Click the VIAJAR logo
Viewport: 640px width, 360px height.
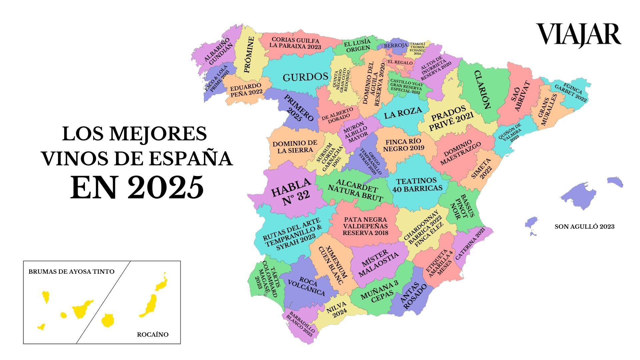578,35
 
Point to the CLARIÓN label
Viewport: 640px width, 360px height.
482,90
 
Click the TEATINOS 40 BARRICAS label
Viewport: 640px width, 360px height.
419,185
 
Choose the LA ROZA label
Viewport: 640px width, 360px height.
403,113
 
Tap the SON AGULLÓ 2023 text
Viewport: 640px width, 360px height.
584,227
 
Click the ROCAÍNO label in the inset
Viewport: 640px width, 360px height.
153,334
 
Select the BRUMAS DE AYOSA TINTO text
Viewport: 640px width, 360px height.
71,272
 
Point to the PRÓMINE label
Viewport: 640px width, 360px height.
249,55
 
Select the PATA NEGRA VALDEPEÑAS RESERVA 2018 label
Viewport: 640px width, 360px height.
365,226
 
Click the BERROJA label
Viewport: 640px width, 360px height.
396,45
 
